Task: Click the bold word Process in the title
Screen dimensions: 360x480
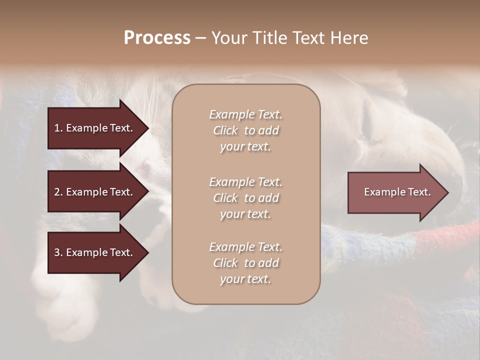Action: click(x=157, y=38)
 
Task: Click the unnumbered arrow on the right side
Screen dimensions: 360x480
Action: click(x=395, y=192)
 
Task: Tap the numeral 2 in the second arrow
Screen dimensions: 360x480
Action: click(x=57, y=192)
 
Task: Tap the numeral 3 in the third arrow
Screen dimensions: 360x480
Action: click(x=57, y=252)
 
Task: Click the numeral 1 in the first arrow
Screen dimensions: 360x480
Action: click(x=57, y=128)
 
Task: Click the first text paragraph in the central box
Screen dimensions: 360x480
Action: click(x=245, y=130)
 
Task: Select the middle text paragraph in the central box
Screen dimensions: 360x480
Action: click(x=245, y=198)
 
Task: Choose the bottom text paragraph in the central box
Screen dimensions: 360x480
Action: click(x=245, y=263)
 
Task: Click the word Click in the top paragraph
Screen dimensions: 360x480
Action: click(x=225, y=130)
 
